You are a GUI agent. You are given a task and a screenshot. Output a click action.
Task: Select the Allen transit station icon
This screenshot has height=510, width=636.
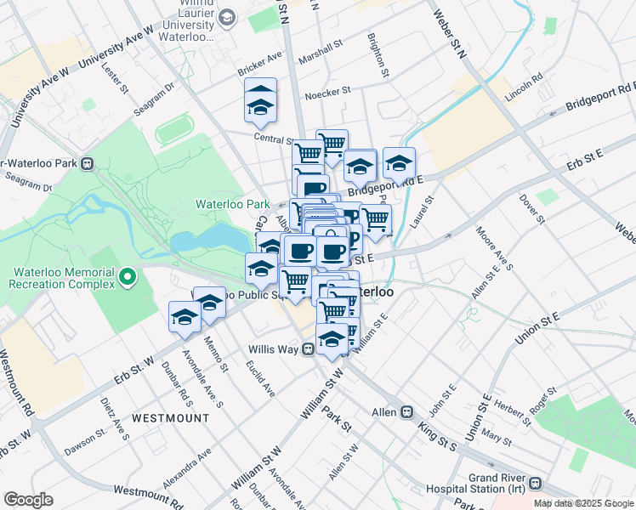click(407, 411)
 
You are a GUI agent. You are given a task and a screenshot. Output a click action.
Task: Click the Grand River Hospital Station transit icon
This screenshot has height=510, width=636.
click(535, 483)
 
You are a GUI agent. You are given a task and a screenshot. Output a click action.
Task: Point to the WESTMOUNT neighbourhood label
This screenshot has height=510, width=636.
click(170, 418)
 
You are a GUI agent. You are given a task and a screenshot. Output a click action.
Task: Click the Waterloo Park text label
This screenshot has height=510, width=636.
click(232, 204)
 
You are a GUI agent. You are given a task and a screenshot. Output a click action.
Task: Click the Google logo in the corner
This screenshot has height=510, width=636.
click(28, 500)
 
